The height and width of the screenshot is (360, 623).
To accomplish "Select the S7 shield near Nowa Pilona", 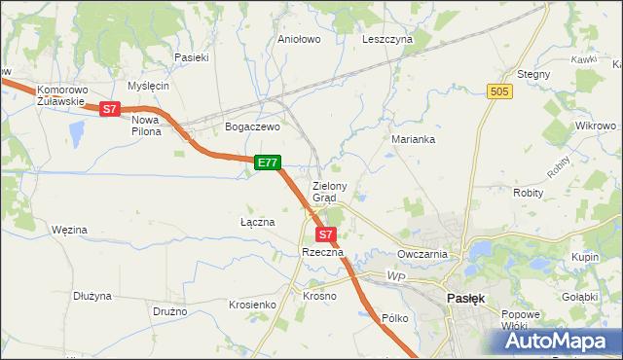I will point(110,110).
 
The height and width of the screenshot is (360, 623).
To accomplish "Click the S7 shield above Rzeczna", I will point(326,234).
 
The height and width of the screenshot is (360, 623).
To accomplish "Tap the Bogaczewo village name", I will point(252,126).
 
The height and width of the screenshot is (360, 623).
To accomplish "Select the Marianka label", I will point(413,139).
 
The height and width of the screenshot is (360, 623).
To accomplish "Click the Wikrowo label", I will point(595,126).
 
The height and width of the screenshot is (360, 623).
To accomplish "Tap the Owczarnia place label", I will point(421,254).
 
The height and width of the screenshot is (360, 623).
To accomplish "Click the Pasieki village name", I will point(192,57).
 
